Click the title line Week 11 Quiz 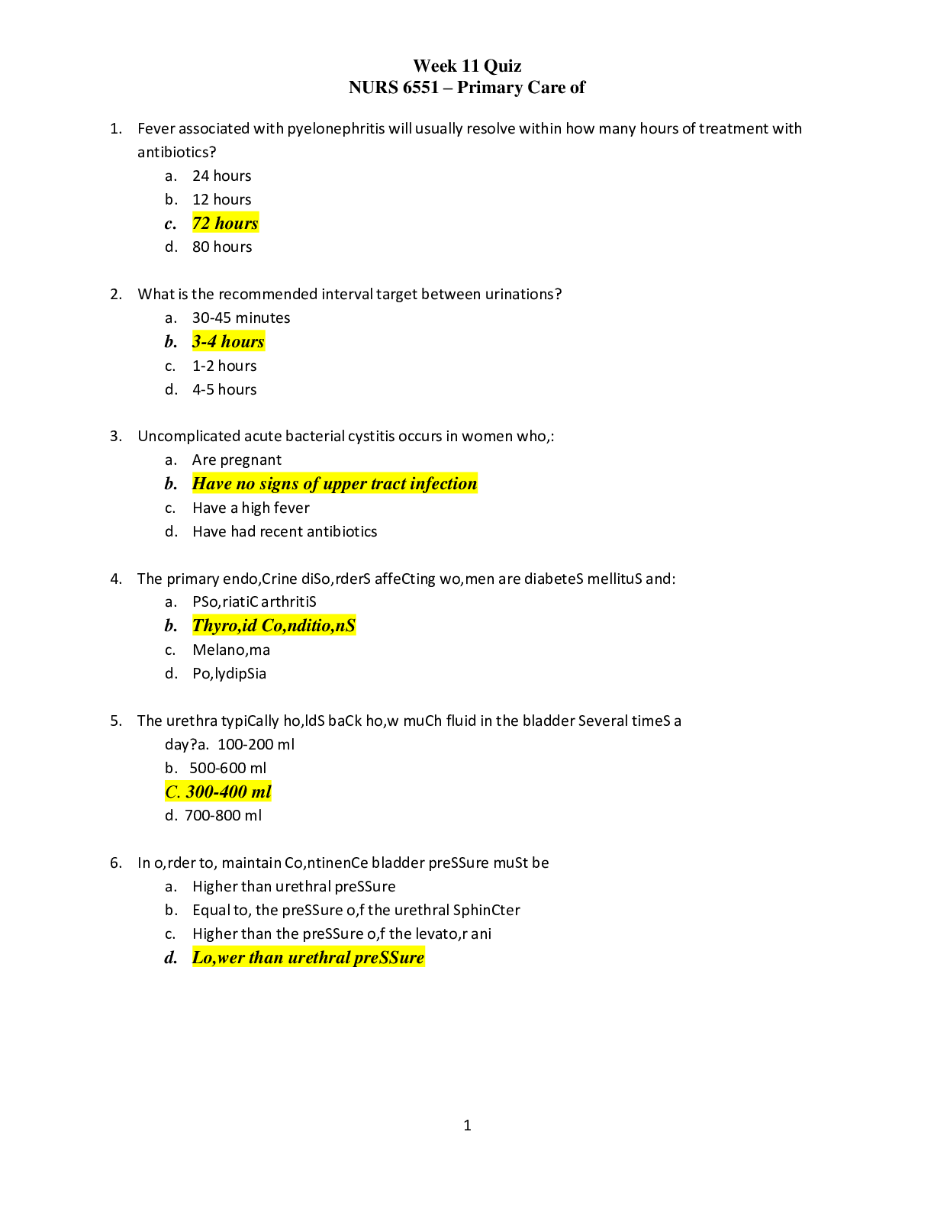(x=466, y=66)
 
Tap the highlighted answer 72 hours (x=225, y=223)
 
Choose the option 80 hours (x=222, y=247)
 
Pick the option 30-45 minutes (x=241, y=318)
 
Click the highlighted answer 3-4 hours (x=228, y=341)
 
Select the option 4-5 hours (x=224, y=389)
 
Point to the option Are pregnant (x=237, y=459)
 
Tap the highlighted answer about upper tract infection (x=334, y=483)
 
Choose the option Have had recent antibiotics (x=285, y=531)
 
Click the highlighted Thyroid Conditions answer (x=274, y=626)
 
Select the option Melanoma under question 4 (x=231, y=650)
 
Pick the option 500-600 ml (x=228, y=768)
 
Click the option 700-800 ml (x=223, y=815)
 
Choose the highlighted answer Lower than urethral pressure (x=308, y=957)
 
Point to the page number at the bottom (x=467, y=1124)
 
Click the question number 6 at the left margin (x=115, y=862)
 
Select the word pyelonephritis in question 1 (x=336, y=128)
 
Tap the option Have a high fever (x=251, y=508)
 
